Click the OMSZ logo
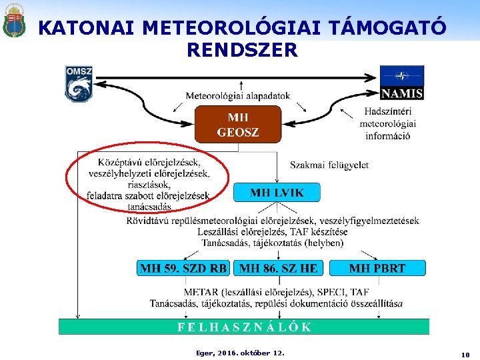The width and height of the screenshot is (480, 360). click(79, 83)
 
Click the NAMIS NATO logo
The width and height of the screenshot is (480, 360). click(402, 82)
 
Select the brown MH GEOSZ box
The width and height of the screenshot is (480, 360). click(238, 124)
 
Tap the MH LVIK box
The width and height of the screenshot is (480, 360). click(277, 193)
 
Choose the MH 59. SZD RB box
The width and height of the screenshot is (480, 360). click(183, 268)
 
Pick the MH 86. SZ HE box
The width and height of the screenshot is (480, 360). click(279, 268)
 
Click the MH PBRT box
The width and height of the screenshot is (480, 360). click(377, 268)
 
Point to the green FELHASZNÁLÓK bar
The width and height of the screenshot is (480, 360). click(244, 327)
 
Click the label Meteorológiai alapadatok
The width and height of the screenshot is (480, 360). click(238, 95)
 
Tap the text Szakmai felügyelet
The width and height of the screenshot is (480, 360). click(329, 165)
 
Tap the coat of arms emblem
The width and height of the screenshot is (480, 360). click(13, 21)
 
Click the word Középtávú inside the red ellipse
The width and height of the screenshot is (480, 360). click(121, 162)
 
